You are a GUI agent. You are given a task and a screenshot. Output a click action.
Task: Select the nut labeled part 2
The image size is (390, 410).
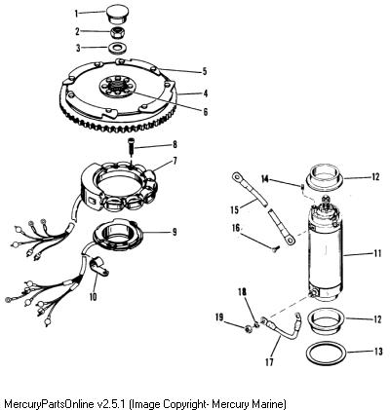pyautogui.click(x=116, y=32)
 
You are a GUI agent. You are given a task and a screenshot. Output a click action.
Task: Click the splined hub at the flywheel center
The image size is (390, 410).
pyautogui.click(x=116, y=88)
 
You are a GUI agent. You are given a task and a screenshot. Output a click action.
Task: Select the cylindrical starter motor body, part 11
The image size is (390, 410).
pyautogui.click(x=325, y=250)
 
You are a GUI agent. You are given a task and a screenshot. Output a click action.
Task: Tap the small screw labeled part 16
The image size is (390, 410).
pyautogui.click(x=276, y=249)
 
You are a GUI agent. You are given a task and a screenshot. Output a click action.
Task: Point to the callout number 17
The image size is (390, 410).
pyautogui.click(x=269, y=361)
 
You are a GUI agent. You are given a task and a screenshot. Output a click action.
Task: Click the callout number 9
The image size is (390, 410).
pyautogui.click(x=175, y=232)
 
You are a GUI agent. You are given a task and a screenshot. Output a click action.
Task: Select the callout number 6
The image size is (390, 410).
pyautogui.click(x=205, y=112)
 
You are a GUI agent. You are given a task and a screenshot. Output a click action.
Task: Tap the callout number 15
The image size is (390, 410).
pyautogui.click(x=234, y=209)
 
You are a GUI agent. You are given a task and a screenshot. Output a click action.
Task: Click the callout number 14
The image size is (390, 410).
pyautogui.click(x=266, y=178)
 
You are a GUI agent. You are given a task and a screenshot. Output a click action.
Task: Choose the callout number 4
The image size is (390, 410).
pyautogui.click(x=205, y=93)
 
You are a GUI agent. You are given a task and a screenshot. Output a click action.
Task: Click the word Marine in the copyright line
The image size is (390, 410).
pyautogui.click(x=268, y=404)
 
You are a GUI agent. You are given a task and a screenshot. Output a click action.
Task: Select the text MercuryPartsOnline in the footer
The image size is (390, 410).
pyautogui.click(x=50, y=404)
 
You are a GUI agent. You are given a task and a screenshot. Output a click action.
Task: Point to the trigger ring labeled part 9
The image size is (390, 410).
pyautogui.click(x=118, y=237)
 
